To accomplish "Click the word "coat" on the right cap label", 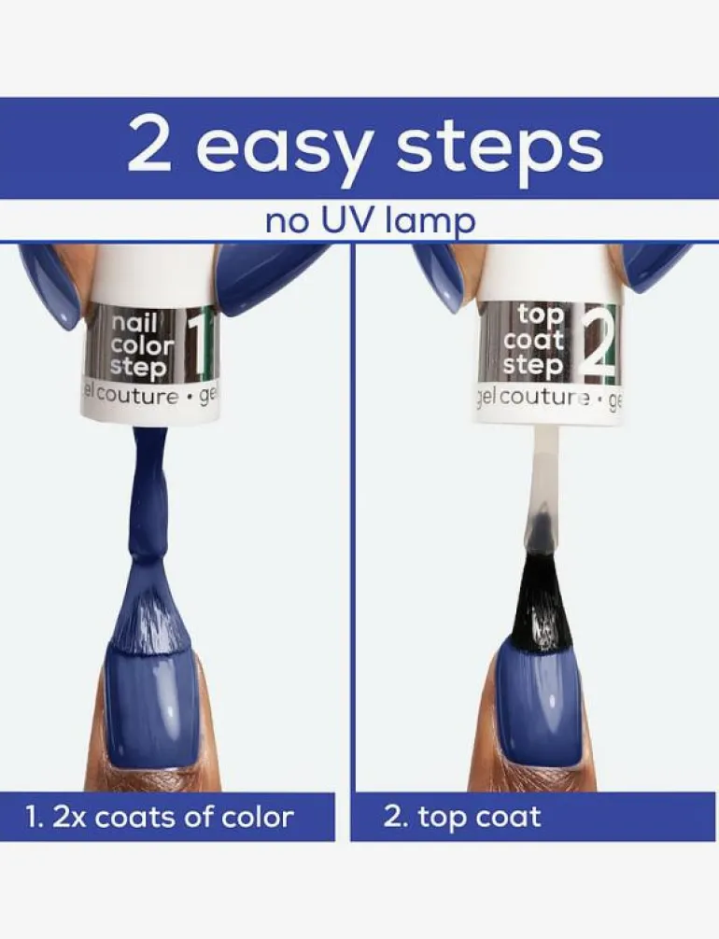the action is [x=534, y=340].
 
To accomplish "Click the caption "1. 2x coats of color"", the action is [x=161, y=817].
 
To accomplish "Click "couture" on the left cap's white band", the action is [x=137, y=396].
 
